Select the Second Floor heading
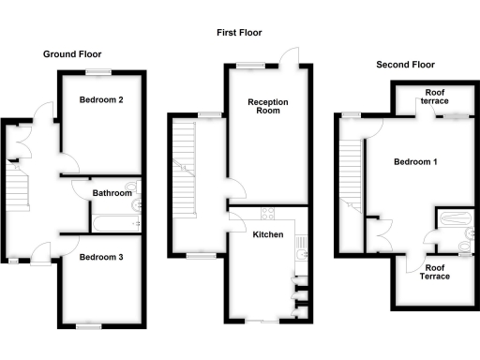click(x=405, y=65)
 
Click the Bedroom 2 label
click(x=102, y=99)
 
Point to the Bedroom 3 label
click(x=102, y=257)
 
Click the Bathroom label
click(x=112, y=193)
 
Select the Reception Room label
click(x=267, y=106)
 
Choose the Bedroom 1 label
click(x=415, y=161)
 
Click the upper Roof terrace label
click(x=434, y=97)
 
